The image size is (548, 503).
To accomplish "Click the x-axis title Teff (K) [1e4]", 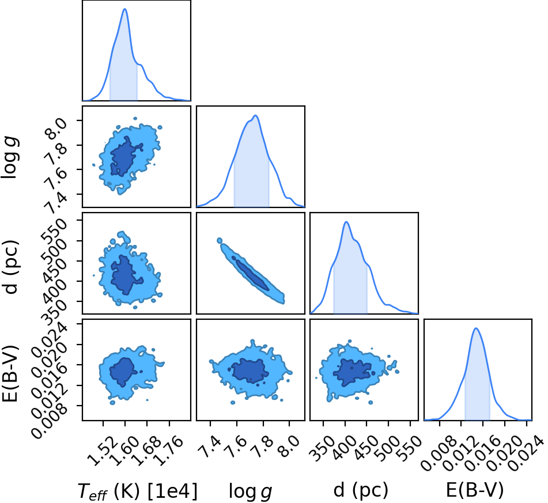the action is [x=137, y=491].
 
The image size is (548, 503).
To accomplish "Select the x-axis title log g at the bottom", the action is [x=250, y=491].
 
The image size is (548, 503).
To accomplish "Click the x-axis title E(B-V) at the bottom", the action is [x=475, y=490].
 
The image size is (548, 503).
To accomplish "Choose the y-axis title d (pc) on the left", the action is [x=11, y=267].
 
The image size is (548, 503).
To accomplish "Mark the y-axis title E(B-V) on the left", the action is [x=10, y=373].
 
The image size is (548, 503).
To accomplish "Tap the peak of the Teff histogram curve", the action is [x=125, y=9].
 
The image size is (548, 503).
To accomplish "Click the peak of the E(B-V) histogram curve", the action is [x=475, y=328].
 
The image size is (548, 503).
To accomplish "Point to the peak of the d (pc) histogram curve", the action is [x=346, y=222].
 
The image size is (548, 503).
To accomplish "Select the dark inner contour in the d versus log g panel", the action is [x=251, y=273].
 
